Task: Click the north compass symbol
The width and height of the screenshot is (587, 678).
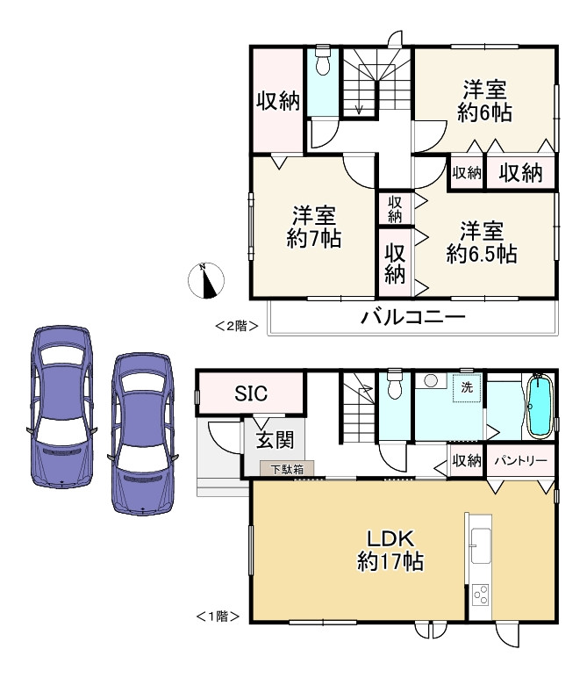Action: click(207, 281)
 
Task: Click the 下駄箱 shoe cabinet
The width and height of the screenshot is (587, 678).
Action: click(286, 470)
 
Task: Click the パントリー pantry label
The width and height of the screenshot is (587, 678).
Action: click(520, 460)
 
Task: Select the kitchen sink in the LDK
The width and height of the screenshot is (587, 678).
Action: click(480, 545)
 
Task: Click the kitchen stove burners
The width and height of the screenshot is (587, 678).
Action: click(480, 595)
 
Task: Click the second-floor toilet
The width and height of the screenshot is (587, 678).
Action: click(321, 63)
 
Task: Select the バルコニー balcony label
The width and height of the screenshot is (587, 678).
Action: click(412, 318)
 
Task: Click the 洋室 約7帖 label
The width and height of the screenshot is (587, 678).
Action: click(313, 227)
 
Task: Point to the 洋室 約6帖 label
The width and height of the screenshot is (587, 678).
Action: click(484, 101)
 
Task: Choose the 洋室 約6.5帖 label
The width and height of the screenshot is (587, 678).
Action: click(481, 243)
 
